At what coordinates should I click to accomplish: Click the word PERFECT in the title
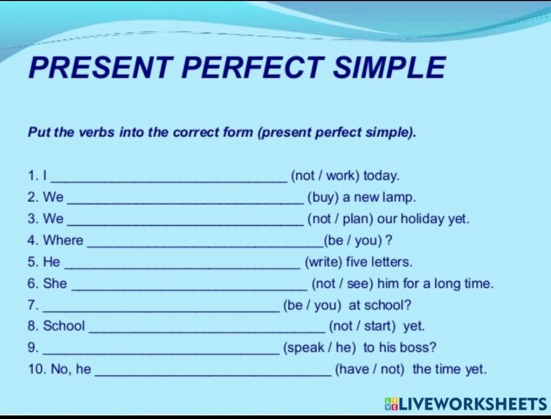252,67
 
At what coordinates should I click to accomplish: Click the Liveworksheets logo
466,404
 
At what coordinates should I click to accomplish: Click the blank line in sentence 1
169,182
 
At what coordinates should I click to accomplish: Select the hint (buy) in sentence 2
323,198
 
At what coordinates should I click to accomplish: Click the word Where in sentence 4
63,240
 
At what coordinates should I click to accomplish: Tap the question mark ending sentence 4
389,240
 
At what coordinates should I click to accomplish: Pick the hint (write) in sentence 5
323,262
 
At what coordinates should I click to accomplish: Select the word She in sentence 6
55,284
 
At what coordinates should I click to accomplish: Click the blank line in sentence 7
161,311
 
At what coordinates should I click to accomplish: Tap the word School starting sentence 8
64,326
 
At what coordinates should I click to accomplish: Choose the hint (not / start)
362,326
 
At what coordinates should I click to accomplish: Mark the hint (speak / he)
319,348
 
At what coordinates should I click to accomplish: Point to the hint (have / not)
370,369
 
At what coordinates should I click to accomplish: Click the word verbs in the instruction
96,133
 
